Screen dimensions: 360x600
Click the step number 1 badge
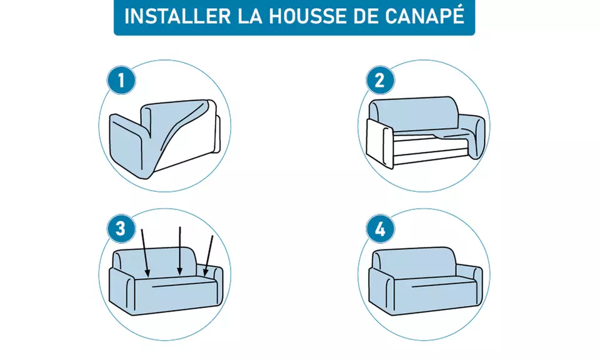118,81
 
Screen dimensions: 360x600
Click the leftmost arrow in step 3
146,252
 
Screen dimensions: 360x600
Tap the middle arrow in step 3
180,250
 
